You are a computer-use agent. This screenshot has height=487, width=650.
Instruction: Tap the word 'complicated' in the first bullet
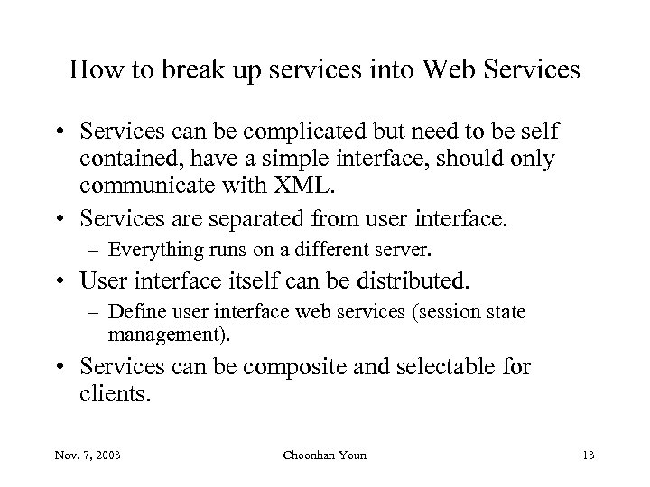[x=265, y=133]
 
